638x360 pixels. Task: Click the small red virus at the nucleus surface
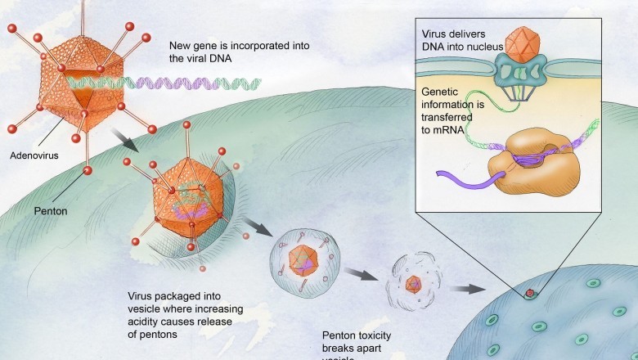(531, 292)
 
